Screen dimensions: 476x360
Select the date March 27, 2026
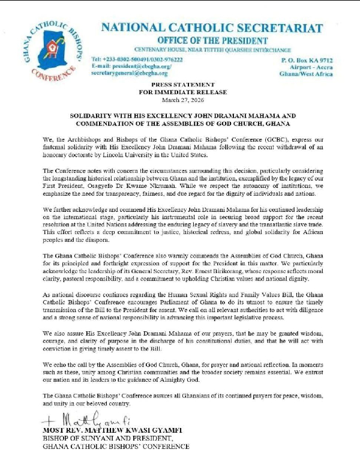pos(179,100)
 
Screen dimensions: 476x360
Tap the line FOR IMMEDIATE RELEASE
pos(179,93)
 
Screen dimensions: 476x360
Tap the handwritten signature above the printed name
pos(84,418)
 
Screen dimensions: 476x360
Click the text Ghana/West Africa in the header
pos(307,74)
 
